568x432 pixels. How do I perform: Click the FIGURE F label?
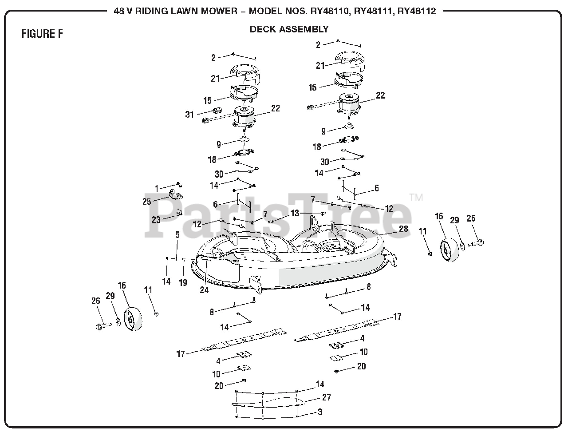click(x=42, y=34)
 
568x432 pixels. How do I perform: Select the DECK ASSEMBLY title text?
click(x=289, y=29)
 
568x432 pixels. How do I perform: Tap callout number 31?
click(x=190, y=114)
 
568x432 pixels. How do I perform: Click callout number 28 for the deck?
click(x=403, y=229)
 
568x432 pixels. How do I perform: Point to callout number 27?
click(x=327, y=397)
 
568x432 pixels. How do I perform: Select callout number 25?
click(x=147, y=202)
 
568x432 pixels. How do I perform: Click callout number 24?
click(x=204, y=290)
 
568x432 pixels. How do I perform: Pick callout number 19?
click(x=183, y=282)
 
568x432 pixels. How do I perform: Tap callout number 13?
click(x=295, y=213)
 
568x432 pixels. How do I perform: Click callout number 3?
click(x=320, y=412)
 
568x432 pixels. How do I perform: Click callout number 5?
click(x=177, y=235)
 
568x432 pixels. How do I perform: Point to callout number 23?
click(x=156, y=220)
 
